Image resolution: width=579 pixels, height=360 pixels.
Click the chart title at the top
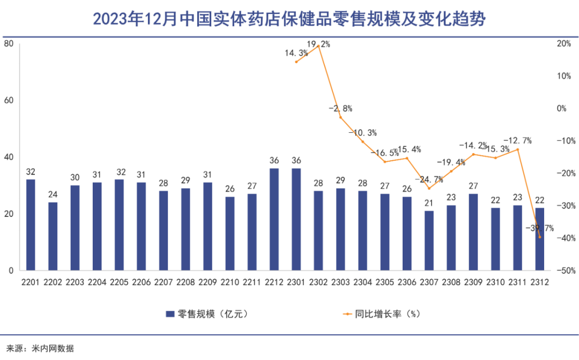(x=289, y=20)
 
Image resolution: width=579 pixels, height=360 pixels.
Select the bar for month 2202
(x=53, y=236)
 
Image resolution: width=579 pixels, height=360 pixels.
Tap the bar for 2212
(x=274, y=219)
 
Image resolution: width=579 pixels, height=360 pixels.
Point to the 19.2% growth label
(x=318, y=44)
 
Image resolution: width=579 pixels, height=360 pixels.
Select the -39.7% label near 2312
(x=540, y=228)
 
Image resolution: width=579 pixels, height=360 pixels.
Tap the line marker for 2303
(x=340, y=117)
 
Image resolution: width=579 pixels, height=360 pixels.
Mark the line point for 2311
(x=518, y=149)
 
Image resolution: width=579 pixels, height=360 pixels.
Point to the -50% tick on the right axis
(x=567, y=271)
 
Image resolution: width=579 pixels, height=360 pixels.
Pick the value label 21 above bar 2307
(x=428, y=204)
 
